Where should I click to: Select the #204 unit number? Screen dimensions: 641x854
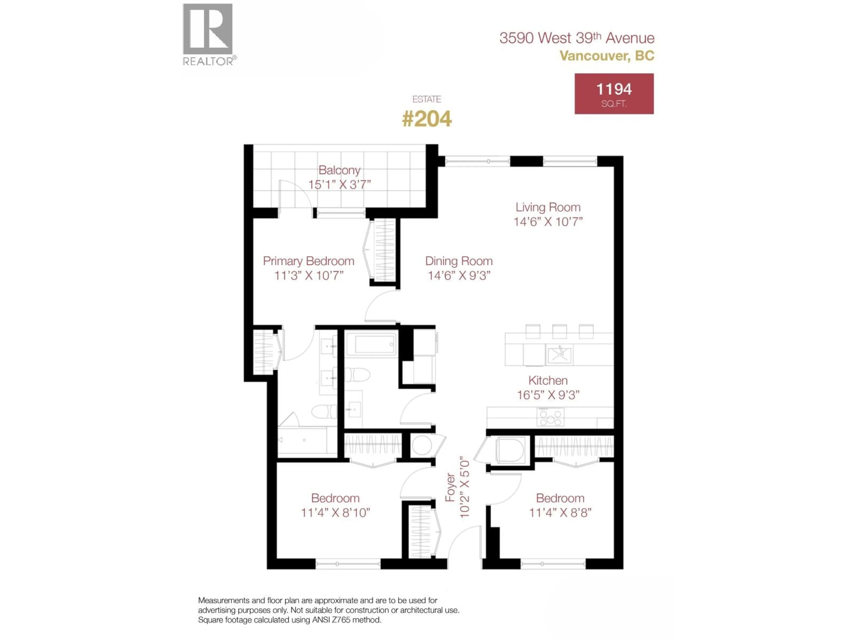coord(427,119)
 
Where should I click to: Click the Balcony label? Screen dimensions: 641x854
coord(339,170)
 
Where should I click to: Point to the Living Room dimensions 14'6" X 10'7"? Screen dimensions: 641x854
coord(548,222)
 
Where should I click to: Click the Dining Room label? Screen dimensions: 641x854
coord(459,261)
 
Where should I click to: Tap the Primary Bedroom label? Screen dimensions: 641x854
coord(308,261)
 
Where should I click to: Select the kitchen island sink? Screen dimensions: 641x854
coord(559,354)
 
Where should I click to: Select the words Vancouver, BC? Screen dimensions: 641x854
coord(607,56)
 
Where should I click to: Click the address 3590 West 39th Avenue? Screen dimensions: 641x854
coord(577,38)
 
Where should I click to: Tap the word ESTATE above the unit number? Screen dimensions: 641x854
coord(427,99)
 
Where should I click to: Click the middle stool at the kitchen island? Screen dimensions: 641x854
coord(559,331)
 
